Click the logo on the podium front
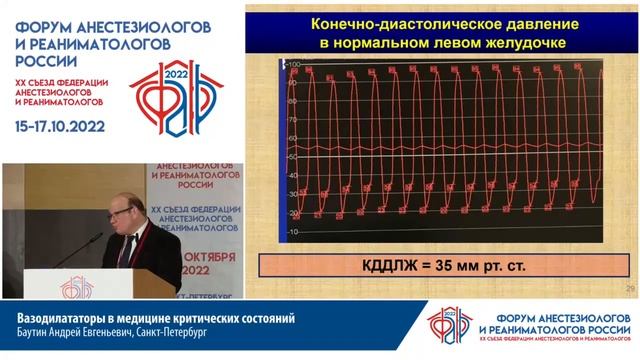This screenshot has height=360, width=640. [x=79, y=288]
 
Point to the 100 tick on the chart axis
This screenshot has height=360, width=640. [x=294, y=64]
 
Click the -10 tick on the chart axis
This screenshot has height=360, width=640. [x=293, y=233]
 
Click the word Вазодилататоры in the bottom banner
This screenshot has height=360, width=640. [x=73, y=319]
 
